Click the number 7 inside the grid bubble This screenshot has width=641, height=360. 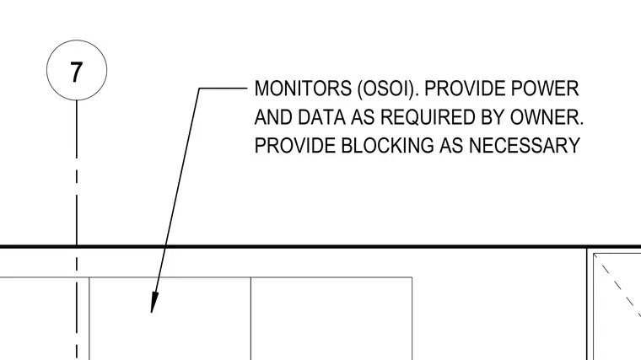click(x=77, y=72)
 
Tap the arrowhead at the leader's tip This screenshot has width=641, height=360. click(x=154, y=304)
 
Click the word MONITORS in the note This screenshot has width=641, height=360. click(x=303, y=89)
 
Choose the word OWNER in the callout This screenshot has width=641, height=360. click(x=547, y=117)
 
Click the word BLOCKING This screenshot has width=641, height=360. click(x=387, y=145)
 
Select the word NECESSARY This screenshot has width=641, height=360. click(x=525, y=145)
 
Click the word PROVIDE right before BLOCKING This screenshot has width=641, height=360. click(x=294, y=145)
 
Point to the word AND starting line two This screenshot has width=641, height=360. click(x=273, y=117)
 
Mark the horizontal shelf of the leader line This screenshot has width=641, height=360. click(x=224, y=88)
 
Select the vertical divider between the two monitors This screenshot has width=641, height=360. click(x=251, y=319)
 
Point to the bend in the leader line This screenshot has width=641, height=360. click(x=199, y=88)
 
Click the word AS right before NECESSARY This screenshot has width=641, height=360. click(x=451, y=145)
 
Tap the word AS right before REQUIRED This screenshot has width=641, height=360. click(x=363, y=117)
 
